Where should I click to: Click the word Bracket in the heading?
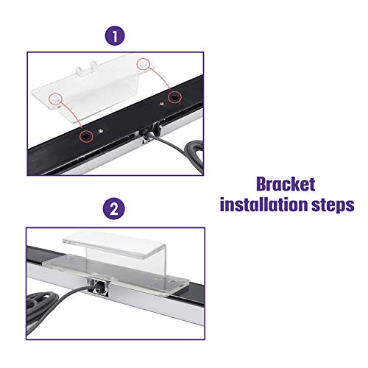(288, 183)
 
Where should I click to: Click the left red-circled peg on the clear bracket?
(54, 97)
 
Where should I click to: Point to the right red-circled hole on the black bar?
(174, 98)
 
